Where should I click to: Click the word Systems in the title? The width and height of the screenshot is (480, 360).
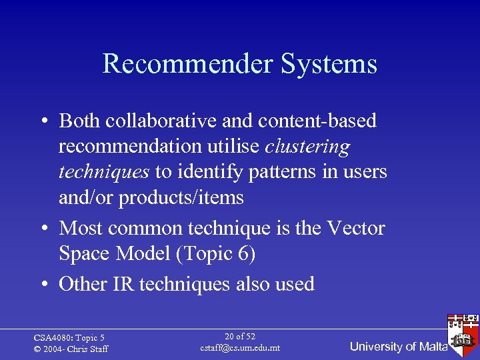coord(329,65)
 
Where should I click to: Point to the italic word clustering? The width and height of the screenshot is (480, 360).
coord(307,146)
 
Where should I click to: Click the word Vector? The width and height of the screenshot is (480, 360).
coord(355,228)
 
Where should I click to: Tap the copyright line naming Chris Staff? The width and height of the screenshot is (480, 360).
coord(71,349)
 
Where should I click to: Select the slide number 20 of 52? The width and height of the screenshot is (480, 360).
coord(240,337)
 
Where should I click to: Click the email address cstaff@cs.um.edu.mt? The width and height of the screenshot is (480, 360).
coord(240,348)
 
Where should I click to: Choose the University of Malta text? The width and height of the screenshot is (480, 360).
coord(399,347)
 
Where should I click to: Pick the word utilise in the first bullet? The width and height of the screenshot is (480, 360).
coord(233,146)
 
